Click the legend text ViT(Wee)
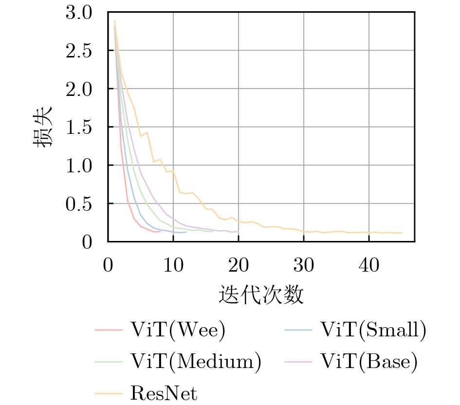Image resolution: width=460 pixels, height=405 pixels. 178,331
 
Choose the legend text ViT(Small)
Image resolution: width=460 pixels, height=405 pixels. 373,331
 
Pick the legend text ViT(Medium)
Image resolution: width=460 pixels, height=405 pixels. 196,361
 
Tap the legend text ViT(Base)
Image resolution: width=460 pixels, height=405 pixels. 369,361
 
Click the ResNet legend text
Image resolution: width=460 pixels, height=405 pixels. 164,393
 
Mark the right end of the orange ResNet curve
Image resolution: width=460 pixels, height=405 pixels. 402,233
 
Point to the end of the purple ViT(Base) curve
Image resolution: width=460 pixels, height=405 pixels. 239,231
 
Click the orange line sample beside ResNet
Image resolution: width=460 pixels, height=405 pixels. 108,393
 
